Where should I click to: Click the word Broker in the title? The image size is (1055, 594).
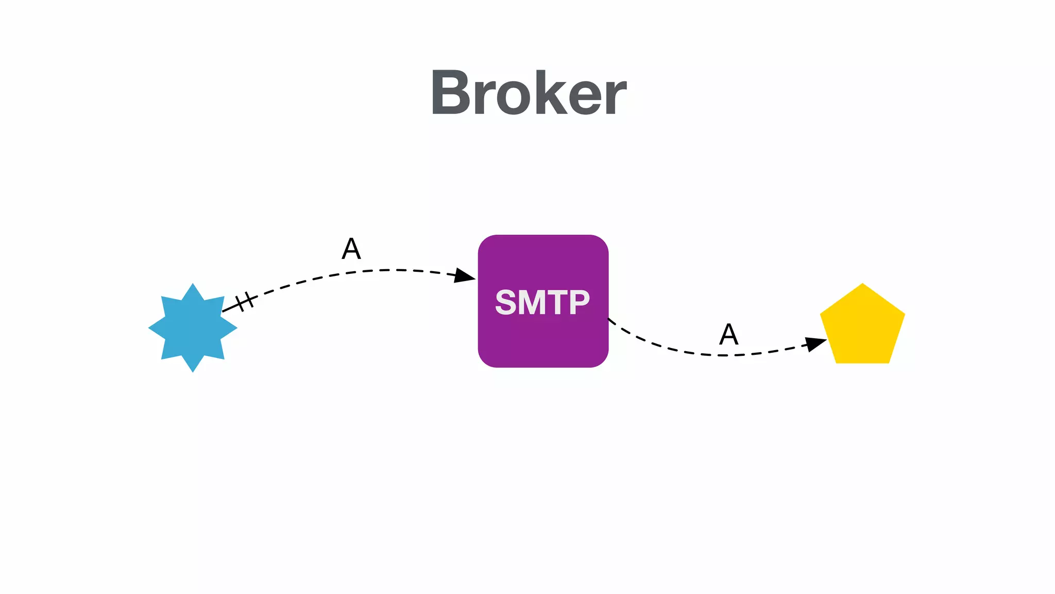529,93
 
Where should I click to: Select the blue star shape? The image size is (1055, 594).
193,328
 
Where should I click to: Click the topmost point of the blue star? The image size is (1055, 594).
193,284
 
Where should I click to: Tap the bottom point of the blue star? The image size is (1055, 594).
193,371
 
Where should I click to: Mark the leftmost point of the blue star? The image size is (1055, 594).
149,328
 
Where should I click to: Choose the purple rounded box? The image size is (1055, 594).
543,340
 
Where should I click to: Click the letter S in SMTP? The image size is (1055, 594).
505,302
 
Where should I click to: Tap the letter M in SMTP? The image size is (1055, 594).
532,302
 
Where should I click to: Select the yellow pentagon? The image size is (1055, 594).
862,328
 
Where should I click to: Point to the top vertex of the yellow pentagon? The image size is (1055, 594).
862,285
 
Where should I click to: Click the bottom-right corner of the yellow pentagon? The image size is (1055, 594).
888,362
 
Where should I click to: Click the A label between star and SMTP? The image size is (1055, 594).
351,249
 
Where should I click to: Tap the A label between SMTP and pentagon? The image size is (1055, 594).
729,334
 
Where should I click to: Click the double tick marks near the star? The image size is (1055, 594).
245,301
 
